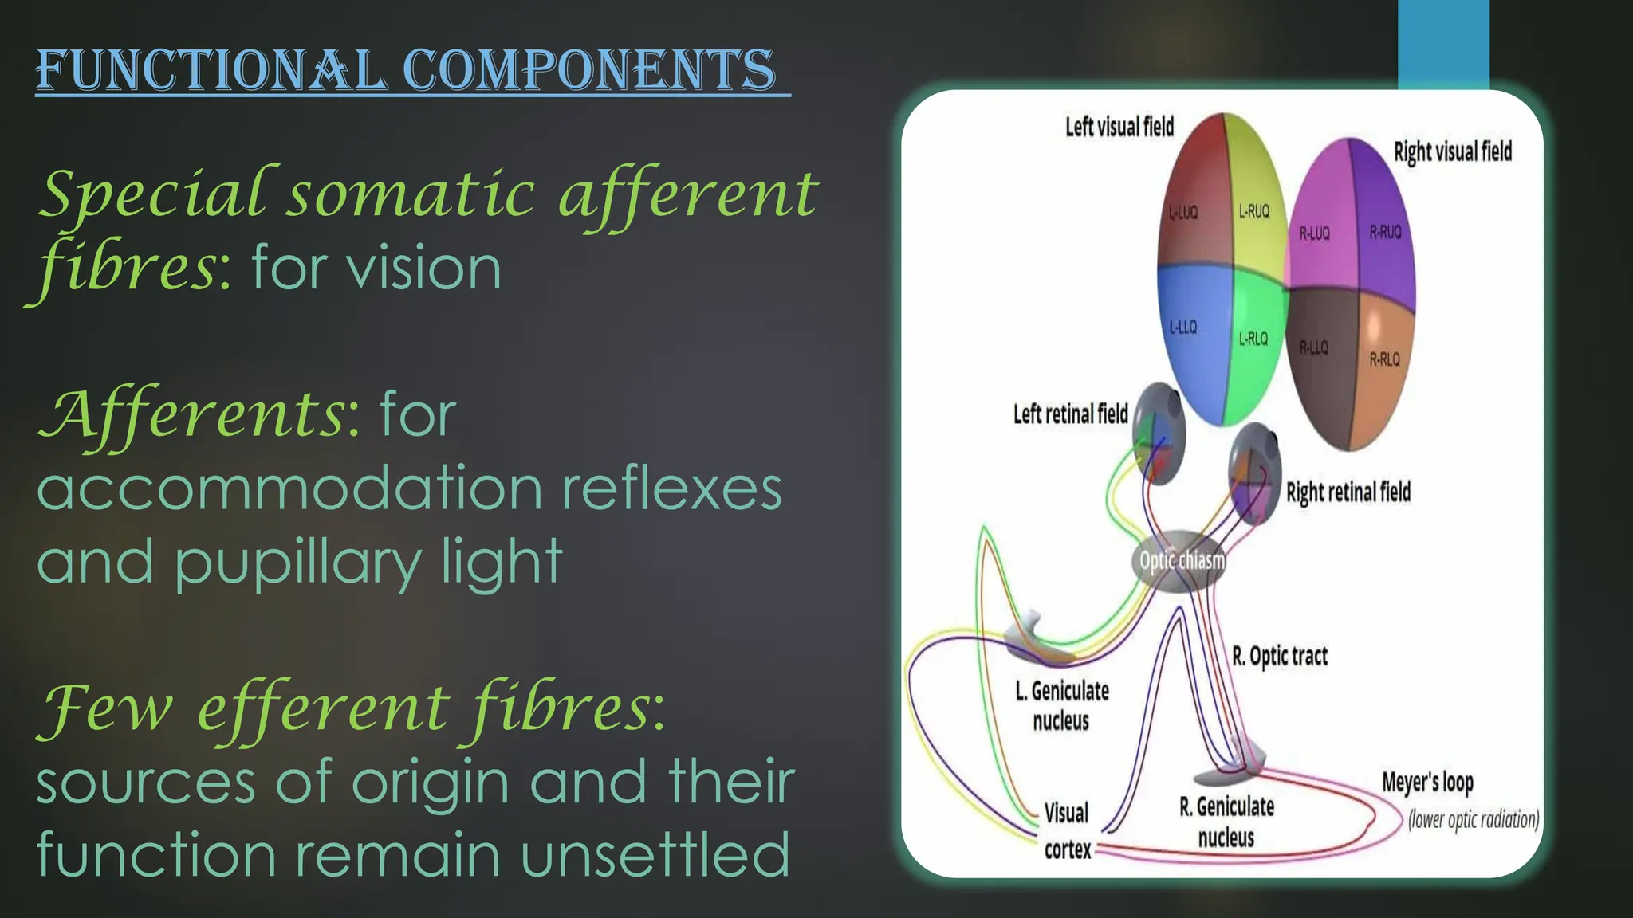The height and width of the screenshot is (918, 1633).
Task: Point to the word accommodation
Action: (x=289, y=488)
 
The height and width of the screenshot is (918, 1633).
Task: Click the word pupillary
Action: (x=297, y=563)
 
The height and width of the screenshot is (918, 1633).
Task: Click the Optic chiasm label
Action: (x=1182, y=560)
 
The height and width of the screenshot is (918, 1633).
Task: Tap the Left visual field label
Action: (x=1119, y=127)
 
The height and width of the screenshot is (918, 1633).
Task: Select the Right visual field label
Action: (x=1452, y=151)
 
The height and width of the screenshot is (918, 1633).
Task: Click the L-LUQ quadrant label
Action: (x=1183, y=212)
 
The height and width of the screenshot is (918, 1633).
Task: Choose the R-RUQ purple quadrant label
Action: (x=1385, y=232)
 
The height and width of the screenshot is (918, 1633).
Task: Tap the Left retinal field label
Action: (x=1070, y=414)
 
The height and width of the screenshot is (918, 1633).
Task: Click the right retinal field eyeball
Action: (x=1255, y=473)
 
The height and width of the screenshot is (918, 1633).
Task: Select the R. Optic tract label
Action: (x=1280, y=656)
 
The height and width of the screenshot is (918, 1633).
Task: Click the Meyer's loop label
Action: (x=1427, y=783)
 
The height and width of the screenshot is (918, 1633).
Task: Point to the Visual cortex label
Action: (x=1067, y=831)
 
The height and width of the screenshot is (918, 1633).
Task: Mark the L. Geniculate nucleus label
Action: (x=1062, y=705)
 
